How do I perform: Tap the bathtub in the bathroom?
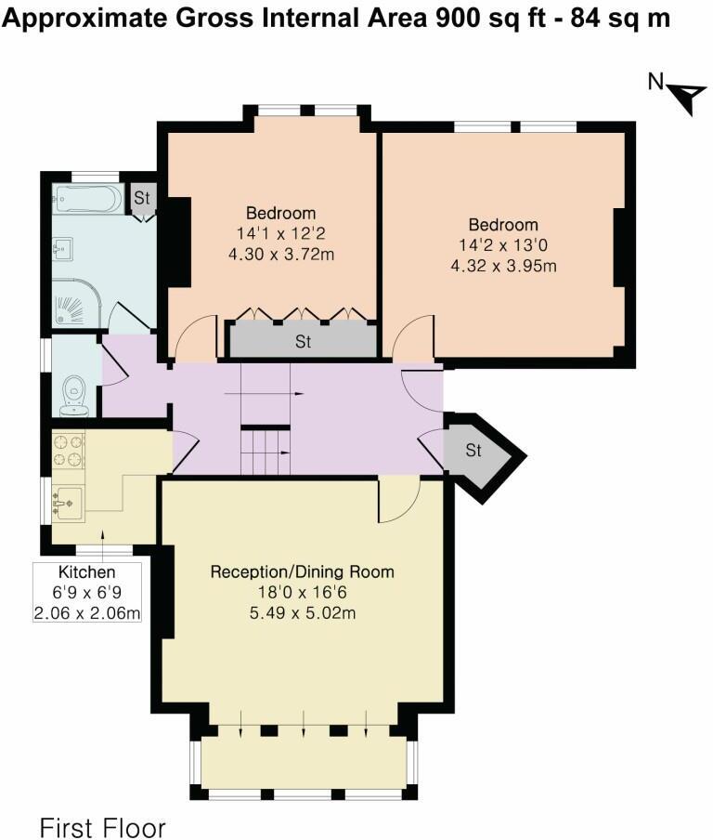(x=87, y=199)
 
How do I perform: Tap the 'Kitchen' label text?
(x=87, y=572)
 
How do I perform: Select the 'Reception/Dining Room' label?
(x=303, y=571)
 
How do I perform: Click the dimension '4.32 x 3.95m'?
(x=503, y=267)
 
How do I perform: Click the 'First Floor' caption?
(x=102, y=826)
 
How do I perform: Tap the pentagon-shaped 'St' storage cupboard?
(x=477, y=453)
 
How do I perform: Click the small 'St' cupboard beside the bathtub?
(x=141, y=198)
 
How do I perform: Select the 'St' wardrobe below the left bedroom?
(x=303, y=341)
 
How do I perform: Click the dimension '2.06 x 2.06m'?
(x=87, y=612)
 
